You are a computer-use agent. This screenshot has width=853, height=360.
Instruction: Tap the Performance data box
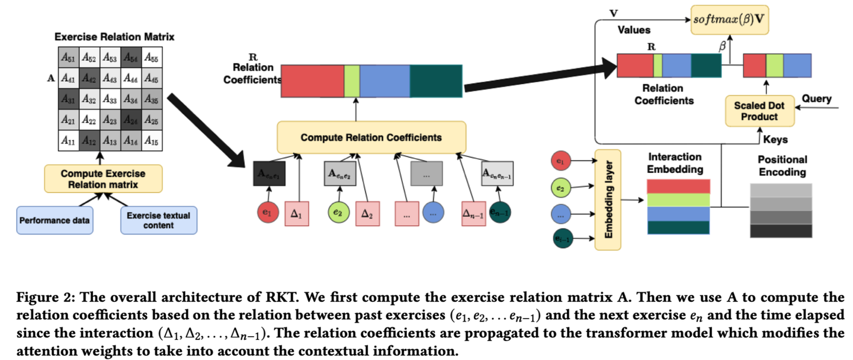click(x=54, y=220)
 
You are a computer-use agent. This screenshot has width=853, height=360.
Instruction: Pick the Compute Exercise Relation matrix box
click(x=102, y=178)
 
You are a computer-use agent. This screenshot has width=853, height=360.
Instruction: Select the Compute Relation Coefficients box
click(x=371, y=137)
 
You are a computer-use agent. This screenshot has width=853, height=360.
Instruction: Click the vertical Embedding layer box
click(x=607, y=199)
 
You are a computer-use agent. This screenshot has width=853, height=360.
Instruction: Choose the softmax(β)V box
click(x=728, y=20)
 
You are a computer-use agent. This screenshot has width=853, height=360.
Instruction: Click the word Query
click(x=816, y=99)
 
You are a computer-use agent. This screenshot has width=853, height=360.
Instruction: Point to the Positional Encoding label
click(x=782, y=166)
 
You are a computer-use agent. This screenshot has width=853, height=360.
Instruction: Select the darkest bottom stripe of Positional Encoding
click(x=780, y=231)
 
